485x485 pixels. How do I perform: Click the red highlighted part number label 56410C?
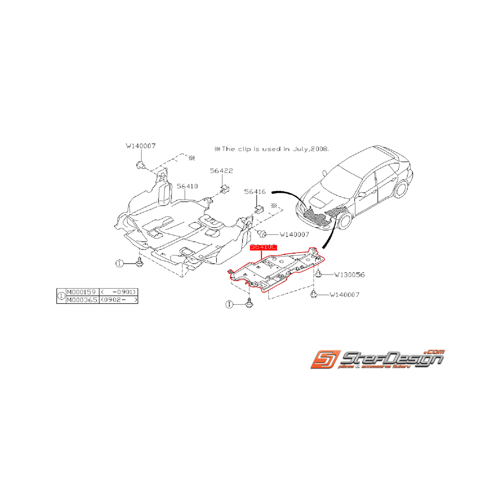click(x=263, y=248)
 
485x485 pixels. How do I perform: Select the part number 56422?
click(x=221, y=170)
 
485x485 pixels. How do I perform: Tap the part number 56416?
click(x=255, y=192)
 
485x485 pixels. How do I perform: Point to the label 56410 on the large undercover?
click(x=187, y=185)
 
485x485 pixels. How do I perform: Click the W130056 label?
click(x=349, y=273)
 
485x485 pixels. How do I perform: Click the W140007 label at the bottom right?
click(x=344, y=295)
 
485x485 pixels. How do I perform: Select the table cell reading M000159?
click(x=82, y=292)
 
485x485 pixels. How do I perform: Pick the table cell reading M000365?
click(x=82, y=301)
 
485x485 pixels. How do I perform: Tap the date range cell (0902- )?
click(x=119, y=301)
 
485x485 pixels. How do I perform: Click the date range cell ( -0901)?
click(x=119, y=292)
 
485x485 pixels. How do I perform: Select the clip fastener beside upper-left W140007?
click(x=140, y=166)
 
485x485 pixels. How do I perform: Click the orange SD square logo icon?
click(x=325, y=360)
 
